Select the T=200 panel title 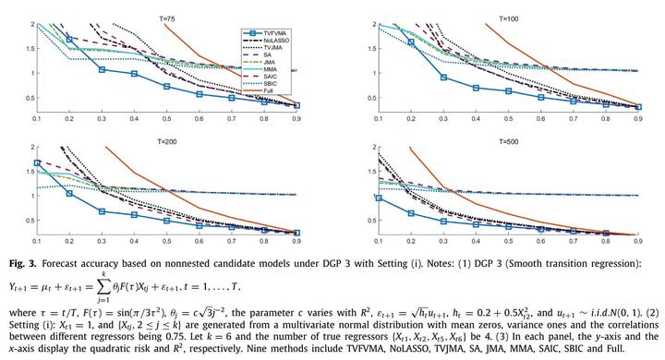pos(166,139)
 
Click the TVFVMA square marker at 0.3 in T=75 pos(103,69)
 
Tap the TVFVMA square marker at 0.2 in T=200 pos(70,193)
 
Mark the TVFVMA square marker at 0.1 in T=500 pos(369,197)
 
